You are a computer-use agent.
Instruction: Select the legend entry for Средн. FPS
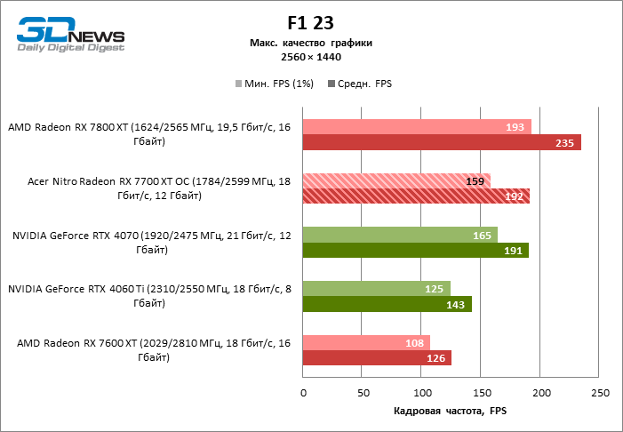[360, 84]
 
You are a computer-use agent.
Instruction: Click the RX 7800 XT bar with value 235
[442, 142]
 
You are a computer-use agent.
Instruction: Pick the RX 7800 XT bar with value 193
[417, 127]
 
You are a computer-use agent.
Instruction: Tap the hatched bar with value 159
[396, 180]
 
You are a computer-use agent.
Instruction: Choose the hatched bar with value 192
[416, 196]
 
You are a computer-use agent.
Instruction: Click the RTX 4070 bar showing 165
[400, 235]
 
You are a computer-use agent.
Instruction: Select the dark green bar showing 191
[415, 250]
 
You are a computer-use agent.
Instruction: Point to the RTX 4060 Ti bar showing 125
[377, 288]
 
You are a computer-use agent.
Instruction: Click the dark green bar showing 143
[387, 304]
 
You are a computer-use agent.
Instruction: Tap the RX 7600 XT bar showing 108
[366, 342]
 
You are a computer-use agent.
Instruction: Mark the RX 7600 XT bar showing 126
[377, 358]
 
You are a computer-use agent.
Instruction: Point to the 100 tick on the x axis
[422, 393]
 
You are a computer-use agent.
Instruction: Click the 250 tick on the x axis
[601, 393]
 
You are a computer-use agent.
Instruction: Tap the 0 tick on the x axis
[303, 393]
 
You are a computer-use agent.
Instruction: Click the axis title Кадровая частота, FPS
[449, 412]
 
